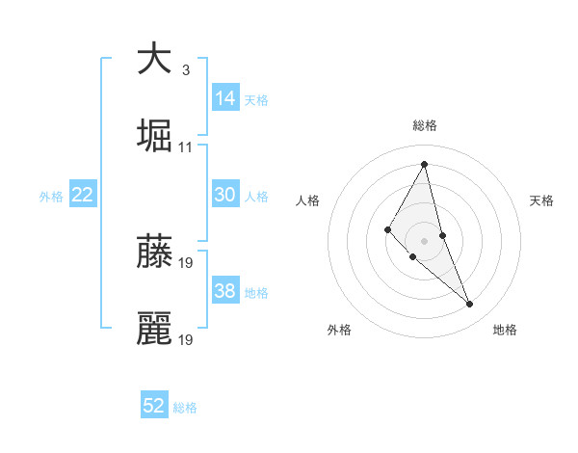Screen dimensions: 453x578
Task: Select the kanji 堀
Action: tap(154, 136)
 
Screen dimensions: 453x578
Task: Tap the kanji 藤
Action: tap(154, 252)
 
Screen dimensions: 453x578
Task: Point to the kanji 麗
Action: tap(154, 329)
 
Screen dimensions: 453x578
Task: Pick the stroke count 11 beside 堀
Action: tap(186, 147)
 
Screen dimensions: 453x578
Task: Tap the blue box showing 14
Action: tap(225, 98)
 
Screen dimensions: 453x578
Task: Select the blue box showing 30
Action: tap(225, 195)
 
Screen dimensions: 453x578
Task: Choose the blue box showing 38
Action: tap(225, 291)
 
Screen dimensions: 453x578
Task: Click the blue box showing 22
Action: tap(83, 195)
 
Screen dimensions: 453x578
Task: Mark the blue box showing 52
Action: tap(154, 406)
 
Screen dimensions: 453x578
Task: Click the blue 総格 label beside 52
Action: tap(185, 408)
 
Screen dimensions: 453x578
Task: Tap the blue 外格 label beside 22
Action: tap(51, 197)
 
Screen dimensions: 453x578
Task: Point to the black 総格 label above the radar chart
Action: tap(424, 125)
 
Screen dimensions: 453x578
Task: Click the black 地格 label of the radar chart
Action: tap(505, 330)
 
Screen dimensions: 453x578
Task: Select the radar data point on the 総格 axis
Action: tap(424, 164)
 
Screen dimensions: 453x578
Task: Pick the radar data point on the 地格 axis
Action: tap(470, 305)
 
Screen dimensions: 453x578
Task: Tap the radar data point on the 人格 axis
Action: tap(388, 228)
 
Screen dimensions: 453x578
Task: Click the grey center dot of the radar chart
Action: tap(424, 240)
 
